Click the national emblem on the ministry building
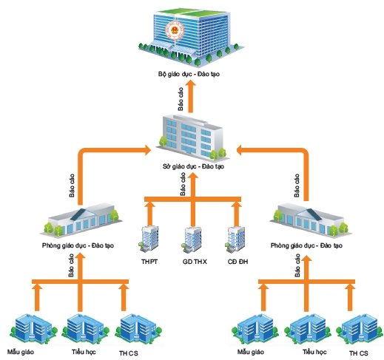point(175,30)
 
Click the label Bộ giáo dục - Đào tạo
point(189,74)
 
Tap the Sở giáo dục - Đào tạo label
point(193,166)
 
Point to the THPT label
point(149,262)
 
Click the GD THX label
point(195,262)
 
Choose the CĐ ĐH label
point(238,262)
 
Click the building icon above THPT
point(149,239)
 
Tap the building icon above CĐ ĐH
point(235,239)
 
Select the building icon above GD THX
point(192,239)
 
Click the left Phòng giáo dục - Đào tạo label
point(78,245)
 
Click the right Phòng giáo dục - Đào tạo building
point(311,220)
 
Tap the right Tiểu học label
point(314,352)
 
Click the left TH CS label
point(129,353)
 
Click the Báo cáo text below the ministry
point(181,99)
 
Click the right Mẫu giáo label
point(251,352)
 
